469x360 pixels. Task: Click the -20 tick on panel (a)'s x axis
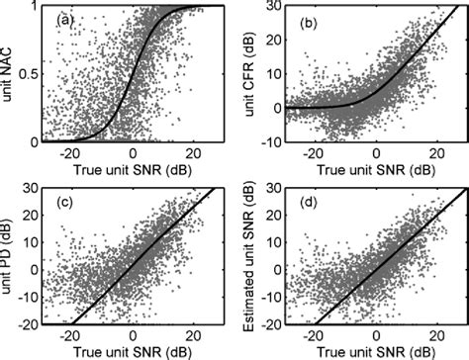[69, 150]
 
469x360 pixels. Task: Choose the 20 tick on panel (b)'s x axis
[433, 150]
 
